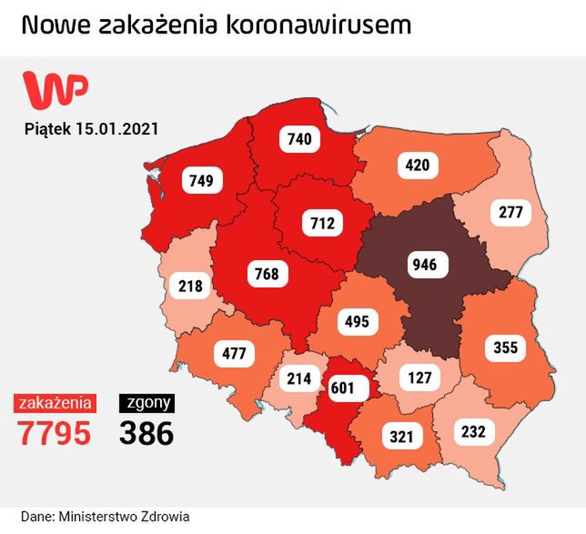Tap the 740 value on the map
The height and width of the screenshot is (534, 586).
click(298, 139)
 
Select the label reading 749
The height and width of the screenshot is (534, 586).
click(202, 180)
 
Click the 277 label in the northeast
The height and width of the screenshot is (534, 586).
click(510, 214)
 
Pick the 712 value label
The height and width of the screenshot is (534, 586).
click(321, 222)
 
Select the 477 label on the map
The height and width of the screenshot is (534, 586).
click(235, 352)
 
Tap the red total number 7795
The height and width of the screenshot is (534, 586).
click(55, 433)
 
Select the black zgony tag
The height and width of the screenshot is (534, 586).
click(146, 402)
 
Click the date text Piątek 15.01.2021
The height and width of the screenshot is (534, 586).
click(91, 129)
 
